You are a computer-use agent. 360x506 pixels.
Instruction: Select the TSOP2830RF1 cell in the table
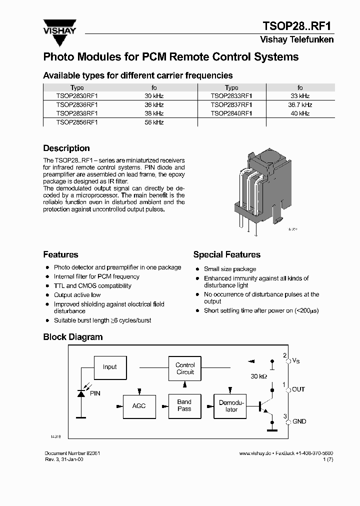coord(77,96)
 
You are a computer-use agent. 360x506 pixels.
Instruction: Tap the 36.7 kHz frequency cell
coord(300,105)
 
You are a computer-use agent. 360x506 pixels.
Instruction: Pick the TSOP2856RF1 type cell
coord(77,122)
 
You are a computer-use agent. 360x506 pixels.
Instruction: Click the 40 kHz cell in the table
coord(300,113)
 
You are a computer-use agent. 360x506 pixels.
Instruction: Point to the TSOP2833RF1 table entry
coord(231,96)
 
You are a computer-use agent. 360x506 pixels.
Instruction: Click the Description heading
coord(66,148)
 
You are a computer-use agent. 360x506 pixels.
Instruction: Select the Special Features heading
coord(226,255)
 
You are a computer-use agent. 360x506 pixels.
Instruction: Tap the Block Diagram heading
coord(72,337)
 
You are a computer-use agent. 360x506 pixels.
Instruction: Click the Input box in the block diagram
coord(109,367)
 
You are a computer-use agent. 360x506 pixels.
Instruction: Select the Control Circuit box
coord(185,368)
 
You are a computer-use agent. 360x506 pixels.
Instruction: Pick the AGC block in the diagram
coord(139,405)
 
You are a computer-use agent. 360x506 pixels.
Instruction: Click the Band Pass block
coord(184,405)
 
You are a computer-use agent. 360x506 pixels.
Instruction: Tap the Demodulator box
coord(231,406)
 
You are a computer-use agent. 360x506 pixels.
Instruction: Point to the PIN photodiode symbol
coord(81,393)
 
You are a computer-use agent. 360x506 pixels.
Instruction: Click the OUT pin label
coord(298,389)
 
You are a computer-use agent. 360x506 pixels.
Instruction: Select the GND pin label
coord(299,421)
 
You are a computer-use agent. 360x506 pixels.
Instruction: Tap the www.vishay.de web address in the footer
coord(255,453)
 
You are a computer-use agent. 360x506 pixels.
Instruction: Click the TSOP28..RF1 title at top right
coord(297,26)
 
